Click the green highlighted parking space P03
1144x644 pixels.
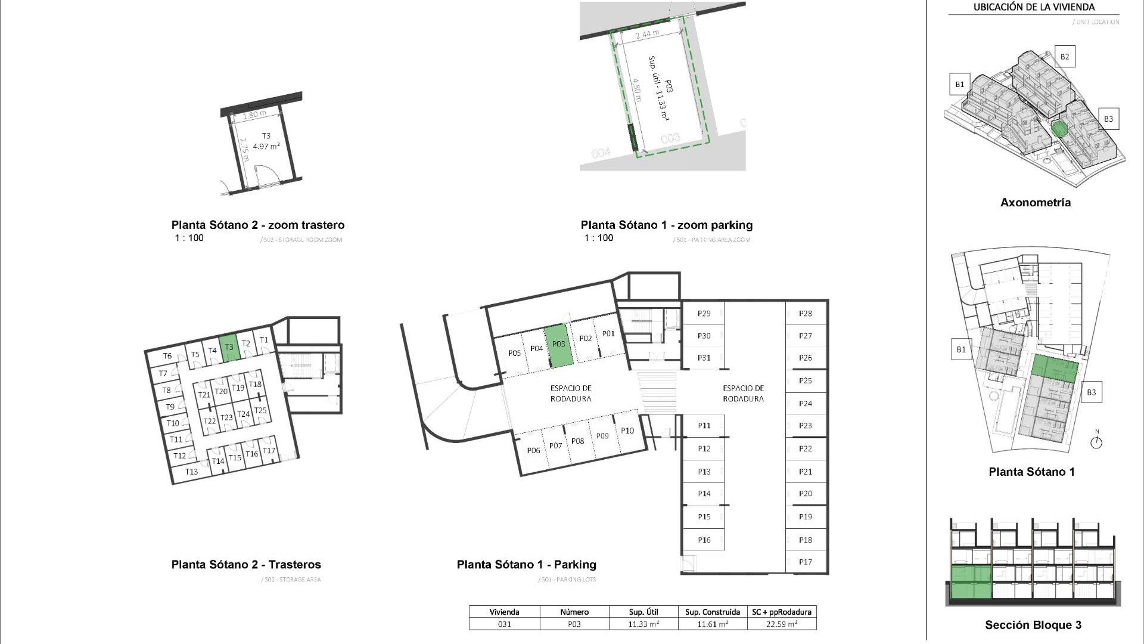[x=559, y=345]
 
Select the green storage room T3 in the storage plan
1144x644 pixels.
[x=229, y=348]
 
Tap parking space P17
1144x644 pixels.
[x=806, y=562]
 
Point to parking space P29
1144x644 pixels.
[x=704, y=314]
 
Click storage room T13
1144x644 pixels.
[x=191, y=472]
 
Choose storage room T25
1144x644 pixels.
[x=260, y=410]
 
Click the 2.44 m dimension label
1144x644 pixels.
[x=647, y=35]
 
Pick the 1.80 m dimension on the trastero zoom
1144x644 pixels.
[x=254, y=114]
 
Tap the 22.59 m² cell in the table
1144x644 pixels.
[x=781, y=624]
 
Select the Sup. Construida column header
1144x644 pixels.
[x=712, y=612]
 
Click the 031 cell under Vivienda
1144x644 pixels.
[x=504, y=624]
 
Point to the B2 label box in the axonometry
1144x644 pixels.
[x=1064, y=57]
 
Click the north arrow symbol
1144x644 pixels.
[x=1096, y=442]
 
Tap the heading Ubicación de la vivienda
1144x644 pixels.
[x=1034, y=8]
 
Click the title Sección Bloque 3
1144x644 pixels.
[x=1033, y=625]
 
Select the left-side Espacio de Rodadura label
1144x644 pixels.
[x=571, y=394]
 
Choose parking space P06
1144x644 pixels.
[x=533, y=450]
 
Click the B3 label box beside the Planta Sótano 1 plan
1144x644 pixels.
[x=1091, y=392]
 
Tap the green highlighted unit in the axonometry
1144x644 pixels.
[x=1059, y=129]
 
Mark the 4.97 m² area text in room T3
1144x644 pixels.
[x=266, y=146]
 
